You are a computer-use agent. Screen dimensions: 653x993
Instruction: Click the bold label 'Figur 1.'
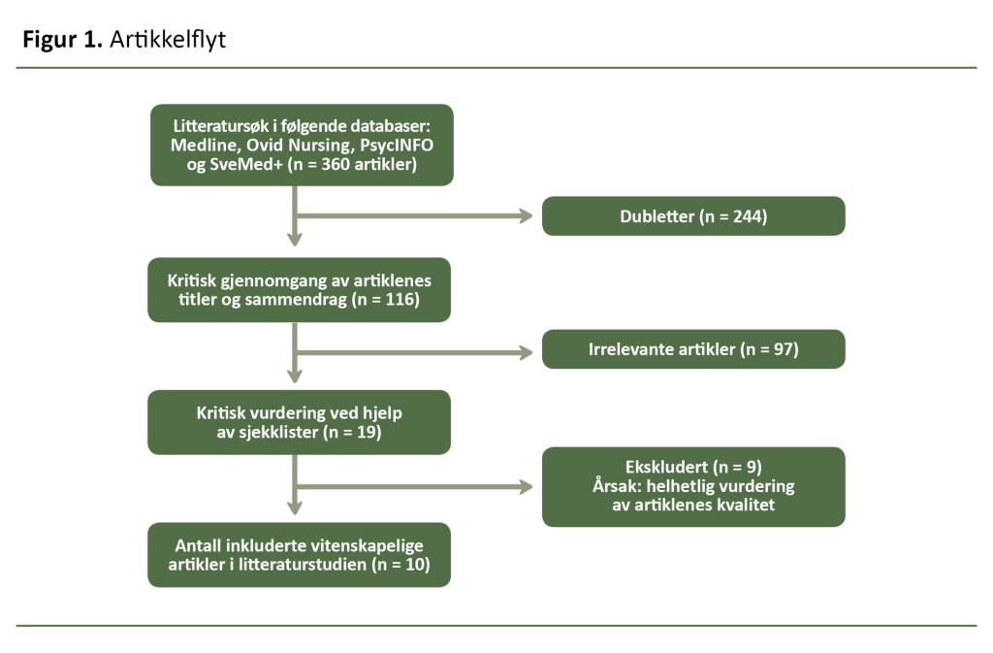[x=63, y=40]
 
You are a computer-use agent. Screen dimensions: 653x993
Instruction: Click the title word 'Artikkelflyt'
[x=168, y=40]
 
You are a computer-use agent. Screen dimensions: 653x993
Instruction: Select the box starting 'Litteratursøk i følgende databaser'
[x=302, y=145]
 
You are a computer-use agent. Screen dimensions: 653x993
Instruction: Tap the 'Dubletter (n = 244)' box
[x=693, y=215]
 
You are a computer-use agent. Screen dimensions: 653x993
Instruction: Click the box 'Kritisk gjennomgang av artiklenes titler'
[x=299, y=289]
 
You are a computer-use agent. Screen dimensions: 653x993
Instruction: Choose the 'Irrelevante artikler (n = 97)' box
[x=693, y=349]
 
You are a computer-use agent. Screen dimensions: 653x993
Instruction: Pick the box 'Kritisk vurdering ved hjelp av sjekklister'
[x=299, y=422]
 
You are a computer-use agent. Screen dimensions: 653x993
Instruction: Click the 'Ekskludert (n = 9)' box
[x=693, y=486]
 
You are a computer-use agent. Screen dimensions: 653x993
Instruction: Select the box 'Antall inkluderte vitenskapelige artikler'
[x=299, y=555]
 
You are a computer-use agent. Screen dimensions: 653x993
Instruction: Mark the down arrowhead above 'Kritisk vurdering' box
[x=294, y=375]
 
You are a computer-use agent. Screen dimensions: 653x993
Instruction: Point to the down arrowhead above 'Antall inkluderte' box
[x=294, y=506]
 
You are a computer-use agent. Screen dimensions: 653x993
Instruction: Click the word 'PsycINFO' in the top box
[x=397, y=145]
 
